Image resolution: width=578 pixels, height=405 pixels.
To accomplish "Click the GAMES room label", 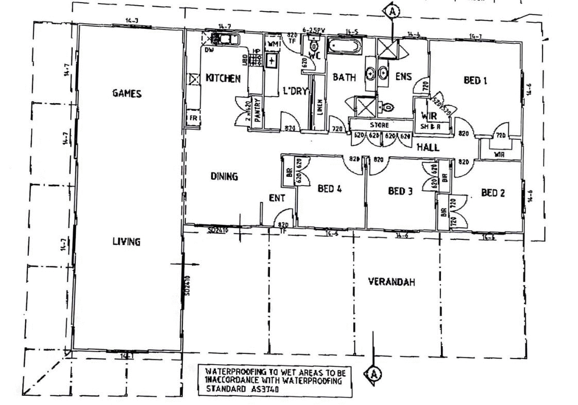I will pyautogui.click(x=126, y=93).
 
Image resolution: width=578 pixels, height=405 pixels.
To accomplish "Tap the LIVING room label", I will pyautogui.click(x=126, y=241).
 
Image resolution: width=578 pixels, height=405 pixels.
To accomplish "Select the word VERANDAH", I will pyautogui.click(x=392, y=282).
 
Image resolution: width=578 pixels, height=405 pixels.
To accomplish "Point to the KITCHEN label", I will pyautogui.click(x=223, y=78).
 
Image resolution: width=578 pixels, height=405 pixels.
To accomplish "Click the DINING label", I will pyautogui.click(x=224, y=176).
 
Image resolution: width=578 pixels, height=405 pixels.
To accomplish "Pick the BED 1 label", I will pyautogui.click(x=475, y=80).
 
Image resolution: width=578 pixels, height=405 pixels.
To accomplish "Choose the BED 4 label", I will pyautogui.click(x=330, y=189).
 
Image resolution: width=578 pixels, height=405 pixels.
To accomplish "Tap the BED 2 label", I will pyautogui.click(x=492, y=193).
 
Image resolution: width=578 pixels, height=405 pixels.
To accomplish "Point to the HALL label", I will pyautogui.click(x=428, y=148).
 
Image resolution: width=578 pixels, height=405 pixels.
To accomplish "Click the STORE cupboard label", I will pyautogui.click(x=379, y=125).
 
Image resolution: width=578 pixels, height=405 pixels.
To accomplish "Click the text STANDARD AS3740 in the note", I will pyautogui.click(x=242, y=390).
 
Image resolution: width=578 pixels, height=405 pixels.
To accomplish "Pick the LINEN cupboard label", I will pyautogui.click(x=320, y=108).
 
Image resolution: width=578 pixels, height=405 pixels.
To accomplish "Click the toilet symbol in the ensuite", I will pyautogui.click(x=388, y=107).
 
